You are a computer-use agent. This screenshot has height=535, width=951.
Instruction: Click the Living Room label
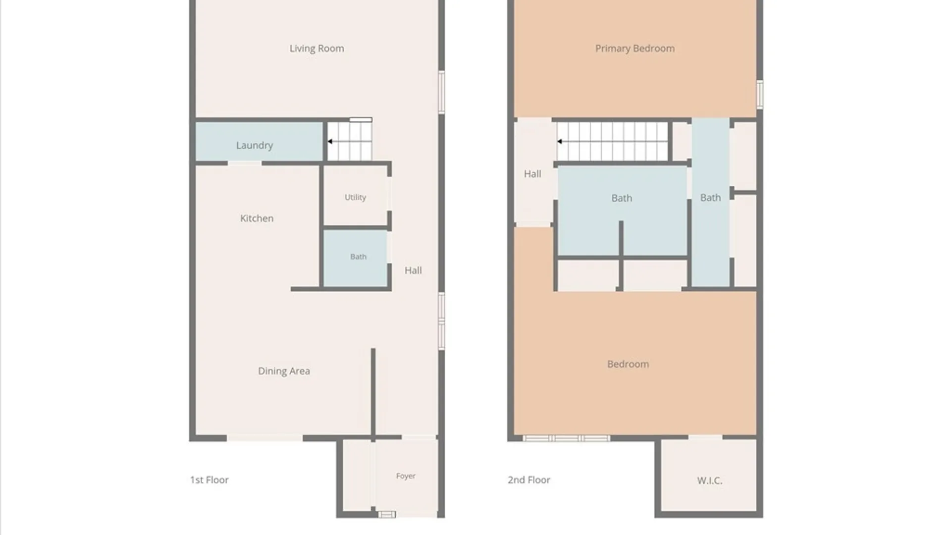point(317,49)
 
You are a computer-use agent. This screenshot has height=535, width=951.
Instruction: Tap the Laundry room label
point(254,146)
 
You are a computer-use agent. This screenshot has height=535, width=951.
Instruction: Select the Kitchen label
point(257,218)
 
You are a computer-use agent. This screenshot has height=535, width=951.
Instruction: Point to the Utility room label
point(355,197)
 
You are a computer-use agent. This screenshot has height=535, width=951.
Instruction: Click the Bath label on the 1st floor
point(358,257)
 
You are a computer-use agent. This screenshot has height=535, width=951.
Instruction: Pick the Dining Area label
point(284,371)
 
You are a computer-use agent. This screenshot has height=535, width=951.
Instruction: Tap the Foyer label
point(406,476)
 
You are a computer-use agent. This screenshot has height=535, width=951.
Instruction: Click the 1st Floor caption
point(209,480)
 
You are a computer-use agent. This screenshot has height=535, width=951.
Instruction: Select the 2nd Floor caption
point(528,480)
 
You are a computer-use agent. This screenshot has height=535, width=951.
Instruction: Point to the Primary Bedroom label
point(634,49)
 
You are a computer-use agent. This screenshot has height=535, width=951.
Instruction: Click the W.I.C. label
point(709,481)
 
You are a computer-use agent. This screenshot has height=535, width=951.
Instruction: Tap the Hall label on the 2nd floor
point(532,174)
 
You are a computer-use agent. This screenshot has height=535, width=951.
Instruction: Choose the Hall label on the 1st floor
point(413,270)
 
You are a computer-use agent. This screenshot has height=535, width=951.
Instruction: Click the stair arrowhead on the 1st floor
point(330,142)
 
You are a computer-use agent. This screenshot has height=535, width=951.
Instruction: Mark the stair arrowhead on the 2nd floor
point(559,142)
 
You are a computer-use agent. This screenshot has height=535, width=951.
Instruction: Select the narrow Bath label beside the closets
point(710,198)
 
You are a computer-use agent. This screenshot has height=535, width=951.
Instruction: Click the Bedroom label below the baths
point(628,364)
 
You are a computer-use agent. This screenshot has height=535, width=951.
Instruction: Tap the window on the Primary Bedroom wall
point(759,94)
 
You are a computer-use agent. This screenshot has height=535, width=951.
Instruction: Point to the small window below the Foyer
point(387,515)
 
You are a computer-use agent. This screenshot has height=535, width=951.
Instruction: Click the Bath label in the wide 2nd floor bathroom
point(622,198)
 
